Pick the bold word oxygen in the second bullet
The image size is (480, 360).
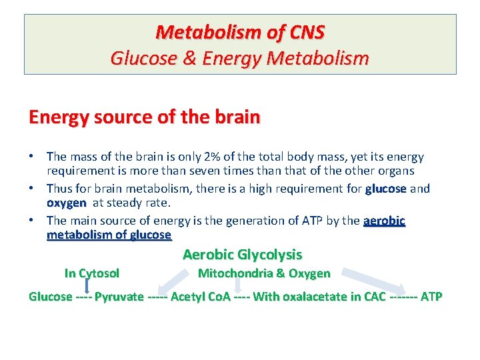pos(66,203)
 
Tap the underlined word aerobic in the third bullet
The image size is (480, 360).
pos(384,221)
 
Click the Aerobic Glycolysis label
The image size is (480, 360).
pos(242,255)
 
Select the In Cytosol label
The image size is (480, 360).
pos(91,273)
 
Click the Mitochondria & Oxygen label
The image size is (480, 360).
pos(264,273)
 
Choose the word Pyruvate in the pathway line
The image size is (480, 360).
pos(119,297)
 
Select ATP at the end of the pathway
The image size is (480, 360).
pos(431,297)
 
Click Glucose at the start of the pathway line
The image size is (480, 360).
pos(51,297)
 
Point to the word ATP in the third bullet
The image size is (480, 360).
pos(269,221)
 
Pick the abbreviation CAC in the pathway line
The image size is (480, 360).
pos(373,297)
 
